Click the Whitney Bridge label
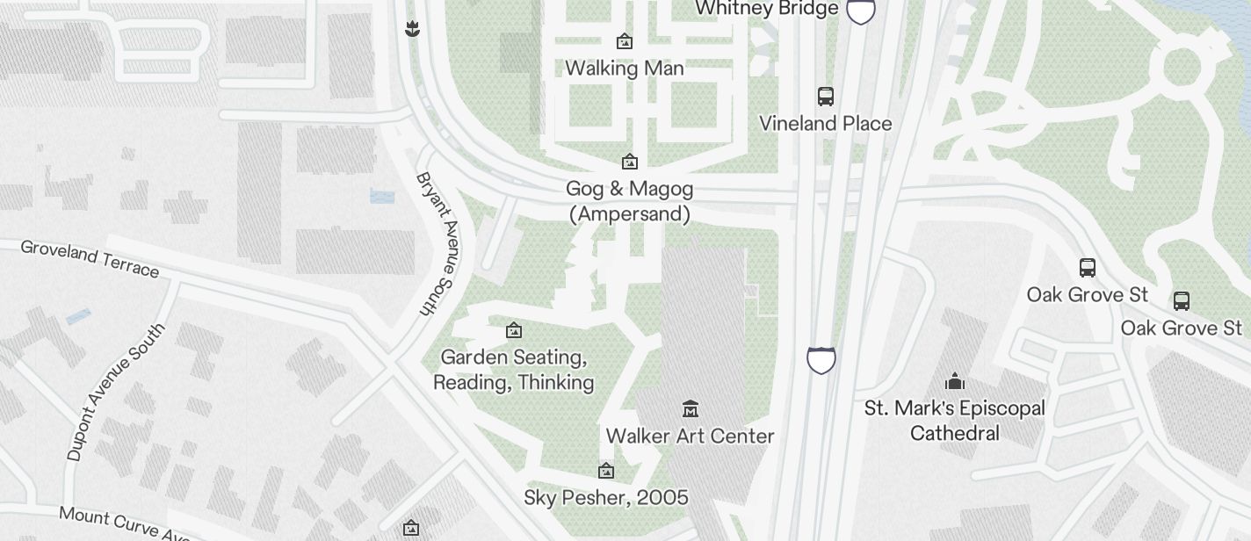[766, 9]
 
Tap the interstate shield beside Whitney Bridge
[860, 11]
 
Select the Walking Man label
[624, 69]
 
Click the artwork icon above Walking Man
[625, 41]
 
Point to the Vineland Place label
[825, 124]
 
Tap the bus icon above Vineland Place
[826, 97]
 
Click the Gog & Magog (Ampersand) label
[630, 201]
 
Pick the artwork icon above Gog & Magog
[629, 162]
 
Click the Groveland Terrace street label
[90, 258]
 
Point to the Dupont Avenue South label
[115, 392]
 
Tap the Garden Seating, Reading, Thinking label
[514, 370]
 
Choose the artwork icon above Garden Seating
[514, 330]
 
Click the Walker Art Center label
[690, 436]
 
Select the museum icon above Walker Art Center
[690, 408]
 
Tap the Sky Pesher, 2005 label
[605, 498]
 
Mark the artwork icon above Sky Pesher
[605, 472]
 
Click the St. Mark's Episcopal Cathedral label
[955, 421]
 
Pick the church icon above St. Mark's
[955, 381]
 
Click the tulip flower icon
[411, 29]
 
